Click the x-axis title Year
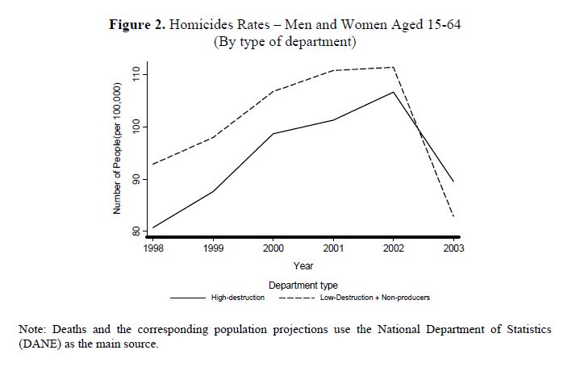tap(303, 265)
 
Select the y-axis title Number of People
tap(118, 148)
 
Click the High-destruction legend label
tap(238, 298)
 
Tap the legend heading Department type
tap(303, 285)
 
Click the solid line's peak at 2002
tap(394, 92)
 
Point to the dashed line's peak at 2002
tap(394, 68)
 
